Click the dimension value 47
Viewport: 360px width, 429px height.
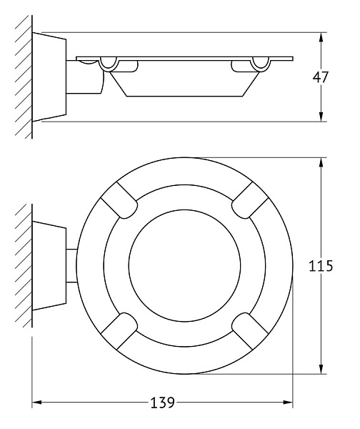(321, 77)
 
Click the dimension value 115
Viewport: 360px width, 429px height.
(321, 267)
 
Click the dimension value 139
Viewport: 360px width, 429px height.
(163, 403)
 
